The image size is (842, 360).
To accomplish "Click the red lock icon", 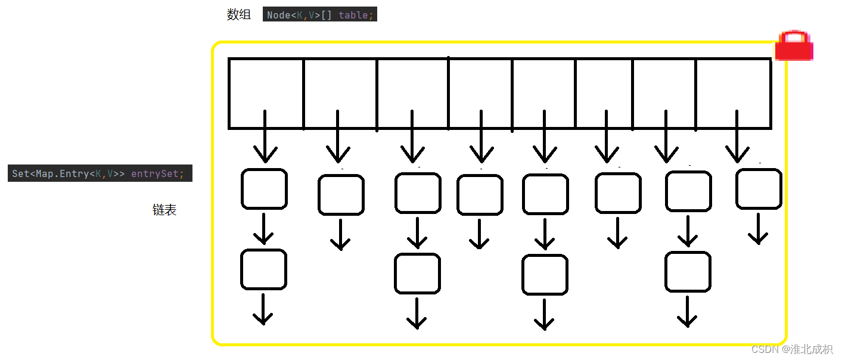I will point(794,46).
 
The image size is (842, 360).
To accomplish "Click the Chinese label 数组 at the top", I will point(239,15).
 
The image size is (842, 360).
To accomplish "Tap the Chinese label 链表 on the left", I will point(164,210).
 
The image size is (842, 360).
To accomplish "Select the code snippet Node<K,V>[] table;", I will point(320,15).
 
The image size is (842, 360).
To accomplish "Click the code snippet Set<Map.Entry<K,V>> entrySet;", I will point(100,173).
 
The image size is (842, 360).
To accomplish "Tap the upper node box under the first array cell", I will point(264,189).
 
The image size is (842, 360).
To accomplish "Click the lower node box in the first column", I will point(263,269).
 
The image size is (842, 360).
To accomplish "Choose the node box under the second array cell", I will point(341,195).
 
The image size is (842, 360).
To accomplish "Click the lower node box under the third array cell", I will point(417,274).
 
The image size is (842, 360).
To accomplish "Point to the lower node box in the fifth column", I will point(545,275).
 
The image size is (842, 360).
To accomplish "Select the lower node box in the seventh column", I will point(688,272).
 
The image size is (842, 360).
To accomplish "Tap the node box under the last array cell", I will point(759,189).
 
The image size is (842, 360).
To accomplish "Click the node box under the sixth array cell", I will point(618,193).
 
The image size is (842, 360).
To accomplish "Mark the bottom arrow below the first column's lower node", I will point(263,310).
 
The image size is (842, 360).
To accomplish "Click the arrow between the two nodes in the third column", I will point(417,234).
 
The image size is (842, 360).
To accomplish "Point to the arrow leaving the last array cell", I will point(738,137).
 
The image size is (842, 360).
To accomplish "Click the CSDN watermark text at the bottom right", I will point(792,349).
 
